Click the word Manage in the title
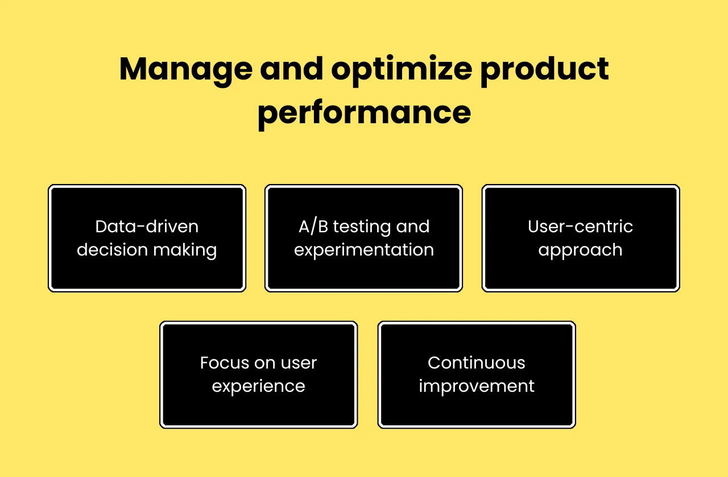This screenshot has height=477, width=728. (185, 69)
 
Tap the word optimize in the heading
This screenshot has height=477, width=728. (402, 69)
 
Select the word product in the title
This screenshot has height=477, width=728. (545, 69)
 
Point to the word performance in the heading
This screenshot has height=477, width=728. (364, 112)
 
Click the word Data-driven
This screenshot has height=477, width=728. (147, 227)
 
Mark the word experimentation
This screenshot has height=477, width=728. (364, 250)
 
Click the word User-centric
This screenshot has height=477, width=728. (581, 227)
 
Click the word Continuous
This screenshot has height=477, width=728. (477, 363)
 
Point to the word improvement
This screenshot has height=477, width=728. (477, 387)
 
